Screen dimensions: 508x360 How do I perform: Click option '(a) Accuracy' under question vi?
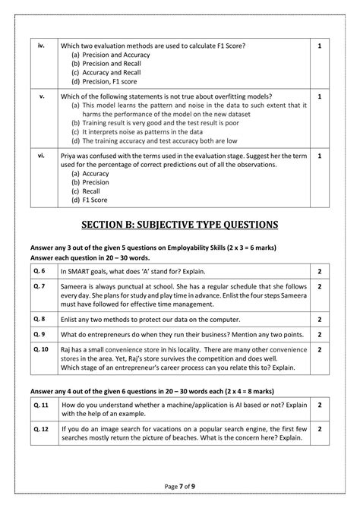(90, 173)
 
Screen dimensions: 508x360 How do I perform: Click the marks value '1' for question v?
(320, 97)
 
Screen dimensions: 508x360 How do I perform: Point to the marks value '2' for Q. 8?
(320, 320)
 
